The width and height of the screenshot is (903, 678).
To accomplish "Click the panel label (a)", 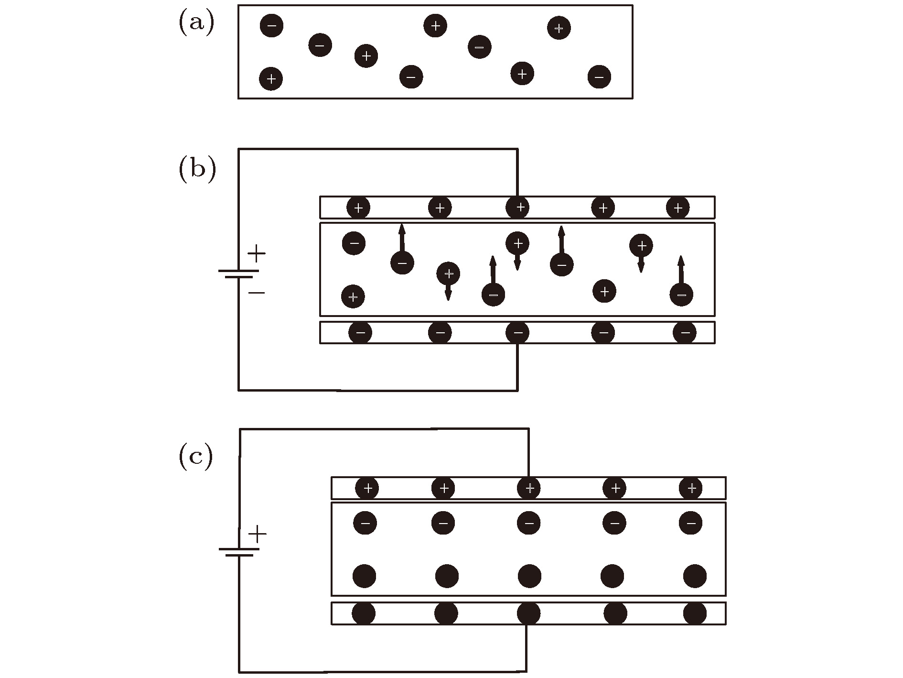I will click(x=196, y=23).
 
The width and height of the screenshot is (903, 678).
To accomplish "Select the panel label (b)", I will click(x=197, y=169).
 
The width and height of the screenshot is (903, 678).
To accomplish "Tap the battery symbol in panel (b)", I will click(x=238, y=273).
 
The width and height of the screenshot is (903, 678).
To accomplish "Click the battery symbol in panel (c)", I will click(x=239, y=552).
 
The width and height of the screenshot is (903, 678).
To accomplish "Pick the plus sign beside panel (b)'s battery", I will click(x=257, y=253).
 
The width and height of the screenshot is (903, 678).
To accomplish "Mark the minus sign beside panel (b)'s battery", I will click(x=257, y=293).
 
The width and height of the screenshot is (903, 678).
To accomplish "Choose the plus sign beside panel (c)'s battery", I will click(x=257, y=534).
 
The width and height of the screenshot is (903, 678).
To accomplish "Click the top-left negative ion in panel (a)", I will click(x=271, y=25).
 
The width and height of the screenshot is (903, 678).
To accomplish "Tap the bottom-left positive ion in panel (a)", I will click(x=271, y=78).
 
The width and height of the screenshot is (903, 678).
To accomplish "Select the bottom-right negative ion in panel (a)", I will click(x=599, y=77).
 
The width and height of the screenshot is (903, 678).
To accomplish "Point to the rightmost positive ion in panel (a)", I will click(x=559, y=28).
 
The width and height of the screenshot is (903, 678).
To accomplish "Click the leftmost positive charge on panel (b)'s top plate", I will click(x=358, y=208).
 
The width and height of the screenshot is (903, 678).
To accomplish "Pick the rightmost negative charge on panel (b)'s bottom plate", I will click(x=685, y=333).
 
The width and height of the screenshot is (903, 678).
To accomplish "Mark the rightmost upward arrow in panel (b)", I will click(x=681, y=270).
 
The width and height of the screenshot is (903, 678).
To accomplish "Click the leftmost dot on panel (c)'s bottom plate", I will click(x=364, y=613).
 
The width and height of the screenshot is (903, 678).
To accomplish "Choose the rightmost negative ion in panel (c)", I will click(x=690, y=523).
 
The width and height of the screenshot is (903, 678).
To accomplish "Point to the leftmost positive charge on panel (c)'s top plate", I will click(x=367, y=488).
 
